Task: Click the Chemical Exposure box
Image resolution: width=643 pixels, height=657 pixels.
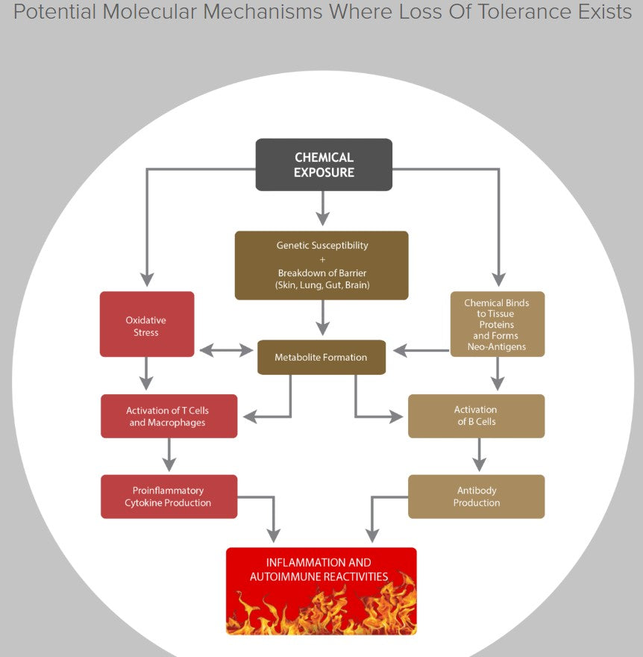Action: point(324,164)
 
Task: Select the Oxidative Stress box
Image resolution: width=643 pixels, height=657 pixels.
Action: point(147,324)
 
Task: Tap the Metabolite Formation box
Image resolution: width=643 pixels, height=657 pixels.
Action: point(321,357)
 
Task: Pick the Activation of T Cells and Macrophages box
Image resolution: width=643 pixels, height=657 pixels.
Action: point(169,416)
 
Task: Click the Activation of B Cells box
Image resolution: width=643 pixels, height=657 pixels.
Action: point(476,416)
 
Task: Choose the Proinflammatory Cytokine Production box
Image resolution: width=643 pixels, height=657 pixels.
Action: point(169,496)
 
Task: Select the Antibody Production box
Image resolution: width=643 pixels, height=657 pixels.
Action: point(476,496)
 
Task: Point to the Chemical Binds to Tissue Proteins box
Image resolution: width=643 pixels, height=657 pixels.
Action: point(498,324)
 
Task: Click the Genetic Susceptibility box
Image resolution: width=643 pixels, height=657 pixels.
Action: point(321,265)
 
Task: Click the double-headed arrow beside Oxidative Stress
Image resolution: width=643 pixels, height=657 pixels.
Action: point(226,349)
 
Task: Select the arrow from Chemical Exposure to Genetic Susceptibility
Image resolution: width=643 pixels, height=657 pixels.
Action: point(322,208)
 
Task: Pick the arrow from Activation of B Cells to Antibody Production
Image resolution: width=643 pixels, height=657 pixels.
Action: point(479,455)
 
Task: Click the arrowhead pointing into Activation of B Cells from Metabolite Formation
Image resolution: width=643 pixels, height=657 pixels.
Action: point(395,417)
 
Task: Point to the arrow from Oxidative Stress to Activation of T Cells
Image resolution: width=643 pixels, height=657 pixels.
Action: point(147,373)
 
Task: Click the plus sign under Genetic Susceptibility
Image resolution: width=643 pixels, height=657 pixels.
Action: point(321,258)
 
